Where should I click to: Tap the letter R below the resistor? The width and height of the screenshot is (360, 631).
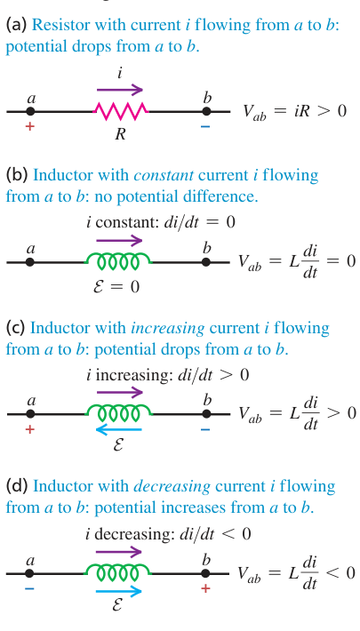[120, 134]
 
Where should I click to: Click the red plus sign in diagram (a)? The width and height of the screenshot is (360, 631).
[29, 126]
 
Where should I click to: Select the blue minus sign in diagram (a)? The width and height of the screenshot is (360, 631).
[205, 126]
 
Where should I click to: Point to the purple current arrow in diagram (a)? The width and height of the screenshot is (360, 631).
[120, 89]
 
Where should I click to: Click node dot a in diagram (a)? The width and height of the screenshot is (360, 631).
[30, 111]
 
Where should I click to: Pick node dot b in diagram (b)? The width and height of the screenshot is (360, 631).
[206, 262]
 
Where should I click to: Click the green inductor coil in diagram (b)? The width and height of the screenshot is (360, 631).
[118, 261]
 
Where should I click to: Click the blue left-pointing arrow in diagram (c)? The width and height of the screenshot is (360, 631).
[119, 430]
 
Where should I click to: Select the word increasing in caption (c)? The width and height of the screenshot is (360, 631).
[167, 328]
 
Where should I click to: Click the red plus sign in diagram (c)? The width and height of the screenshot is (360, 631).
[29, 429]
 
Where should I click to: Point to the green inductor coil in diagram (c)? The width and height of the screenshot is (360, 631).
[118, 413]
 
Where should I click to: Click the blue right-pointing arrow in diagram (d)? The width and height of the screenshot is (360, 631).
[119, 591]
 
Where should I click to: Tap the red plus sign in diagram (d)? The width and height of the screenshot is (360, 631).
[205, 588]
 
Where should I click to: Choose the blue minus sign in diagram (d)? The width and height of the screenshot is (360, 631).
[29, 588]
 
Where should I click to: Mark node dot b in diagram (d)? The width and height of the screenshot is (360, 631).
[206, 573]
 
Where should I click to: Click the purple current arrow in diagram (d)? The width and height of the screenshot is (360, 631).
[119, 551]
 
